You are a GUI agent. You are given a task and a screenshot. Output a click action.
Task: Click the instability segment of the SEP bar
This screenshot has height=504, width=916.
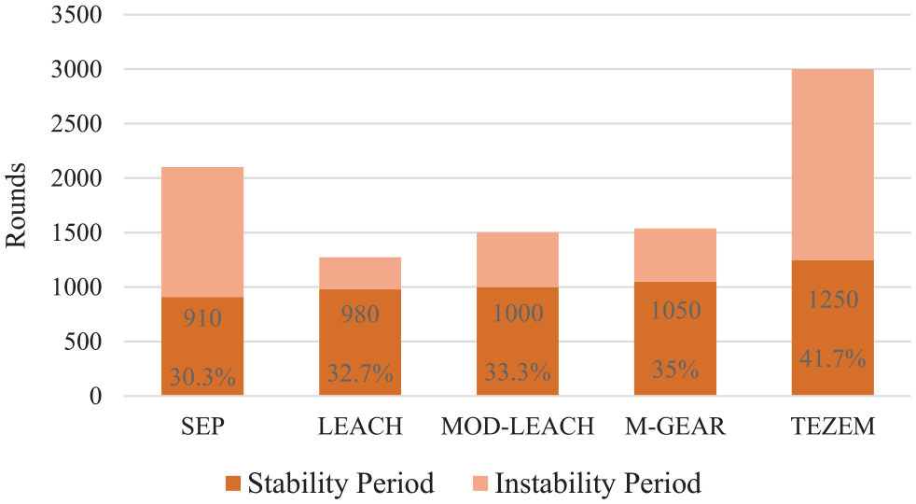coord(202,232)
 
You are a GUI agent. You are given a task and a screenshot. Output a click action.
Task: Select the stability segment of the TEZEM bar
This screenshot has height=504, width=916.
coord(832,328)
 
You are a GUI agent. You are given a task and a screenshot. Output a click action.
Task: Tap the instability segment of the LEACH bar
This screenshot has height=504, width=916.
coord(360,273)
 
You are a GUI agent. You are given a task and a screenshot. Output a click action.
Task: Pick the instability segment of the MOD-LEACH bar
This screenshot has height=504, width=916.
coord(518,259)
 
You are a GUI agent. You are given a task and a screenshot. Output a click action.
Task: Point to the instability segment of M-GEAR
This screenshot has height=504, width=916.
coord(675,255)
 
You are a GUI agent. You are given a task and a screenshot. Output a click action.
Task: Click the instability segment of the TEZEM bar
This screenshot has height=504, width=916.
coord(832,165)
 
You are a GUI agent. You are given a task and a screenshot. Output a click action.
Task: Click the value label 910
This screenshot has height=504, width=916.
coord(202,318)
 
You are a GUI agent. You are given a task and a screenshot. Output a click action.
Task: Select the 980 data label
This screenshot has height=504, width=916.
coord(360,315)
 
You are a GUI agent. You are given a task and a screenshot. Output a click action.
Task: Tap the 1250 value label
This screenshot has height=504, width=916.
coord(832,300)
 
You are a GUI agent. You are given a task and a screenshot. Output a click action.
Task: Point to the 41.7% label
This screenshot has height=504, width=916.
coord(832,357)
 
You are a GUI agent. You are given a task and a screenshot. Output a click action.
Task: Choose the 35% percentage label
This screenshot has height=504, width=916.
coord(675,370)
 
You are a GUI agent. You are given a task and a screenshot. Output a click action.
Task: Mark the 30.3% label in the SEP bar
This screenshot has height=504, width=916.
coord(202,377)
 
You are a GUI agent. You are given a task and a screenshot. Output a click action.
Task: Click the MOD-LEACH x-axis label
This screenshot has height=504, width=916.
coord(518,427)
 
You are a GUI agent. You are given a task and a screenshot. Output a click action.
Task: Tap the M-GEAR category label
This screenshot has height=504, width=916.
coord(675,427)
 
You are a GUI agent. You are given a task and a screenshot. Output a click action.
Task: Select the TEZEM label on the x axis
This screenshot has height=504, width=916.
coord(832,427)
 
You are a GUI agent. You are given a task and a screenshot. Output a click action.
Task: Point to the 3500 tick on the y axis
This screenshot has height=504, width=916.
coord(76,15)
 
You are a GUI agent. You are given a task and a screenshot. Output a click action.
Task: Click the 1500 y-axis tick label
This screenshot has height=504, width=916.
coord(76,232)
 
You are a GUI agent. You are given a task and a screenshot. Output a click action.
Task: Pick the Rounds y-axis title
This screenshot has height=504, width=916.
coord(16,205)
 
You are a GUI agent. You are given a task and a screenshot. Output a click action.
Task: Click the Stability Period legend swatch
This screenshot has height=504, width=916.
coord(233,483)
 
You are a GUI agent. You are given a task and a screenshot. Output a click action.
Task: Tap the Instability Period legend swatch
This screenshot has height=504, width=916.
coord(480,483)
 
